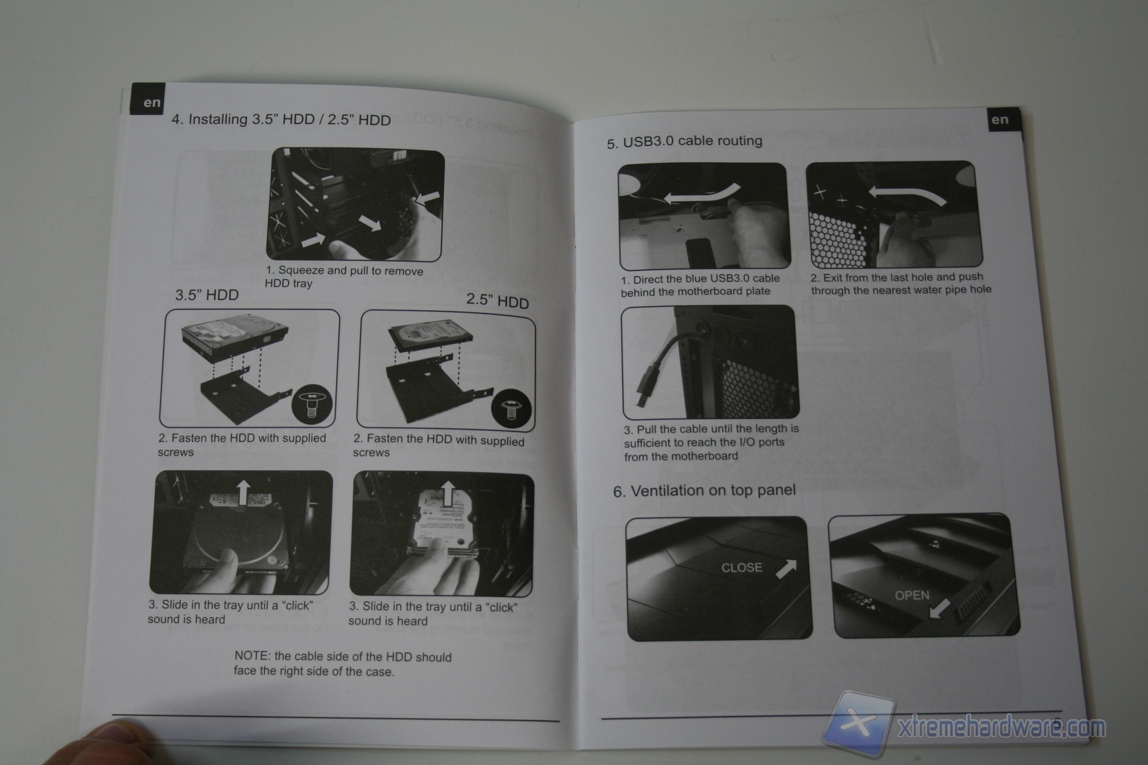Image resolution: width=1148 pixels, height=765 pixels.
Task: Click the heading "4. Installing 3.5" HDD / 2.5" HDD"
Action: coord(281,120)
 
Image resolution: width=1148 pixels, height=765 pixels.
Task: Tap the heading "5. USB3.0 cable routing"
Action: coord(684,141)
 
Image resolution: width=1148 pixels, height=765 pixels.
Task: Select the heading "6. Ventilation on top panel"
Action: coord(704,491)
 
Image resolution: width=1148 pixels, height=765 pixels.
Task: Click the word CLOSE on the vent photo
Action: coord(741,568)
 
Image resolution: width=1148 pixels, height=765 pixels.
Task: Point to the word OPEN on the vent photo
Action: coord(912,596)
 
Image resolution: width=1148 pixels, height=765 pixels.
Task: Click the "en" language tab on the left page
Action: coord(151,102)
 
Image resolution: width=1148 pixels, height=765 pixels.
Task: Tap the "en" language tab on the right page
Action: coord(1000,120)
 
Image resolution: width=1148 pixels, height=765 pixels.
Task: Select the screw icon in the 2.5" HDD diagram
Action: coord(511,408)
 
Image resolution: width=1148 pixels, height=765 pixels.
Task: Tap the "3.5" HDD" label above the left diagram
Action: coord(207,295)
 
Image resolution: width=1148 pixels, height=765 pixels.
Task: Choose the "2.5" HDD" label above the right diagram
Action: coord(498,301)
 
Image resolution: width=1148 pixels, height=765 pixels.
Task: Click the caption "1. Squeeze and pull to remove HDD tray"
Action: coord(344,277)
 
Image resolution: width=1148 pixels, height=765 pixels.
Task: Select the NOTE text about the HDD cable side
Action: coord(342,663)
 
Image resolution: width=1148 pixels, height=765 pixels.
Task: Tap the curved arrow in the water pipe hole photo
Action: coord(907,195)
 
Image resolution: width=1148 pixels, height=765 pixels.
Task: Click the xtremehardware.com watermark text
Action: coord(1001,728)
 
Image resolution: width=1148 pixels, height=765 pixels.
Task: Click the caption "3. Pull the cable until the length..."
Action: coord(711,442)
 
